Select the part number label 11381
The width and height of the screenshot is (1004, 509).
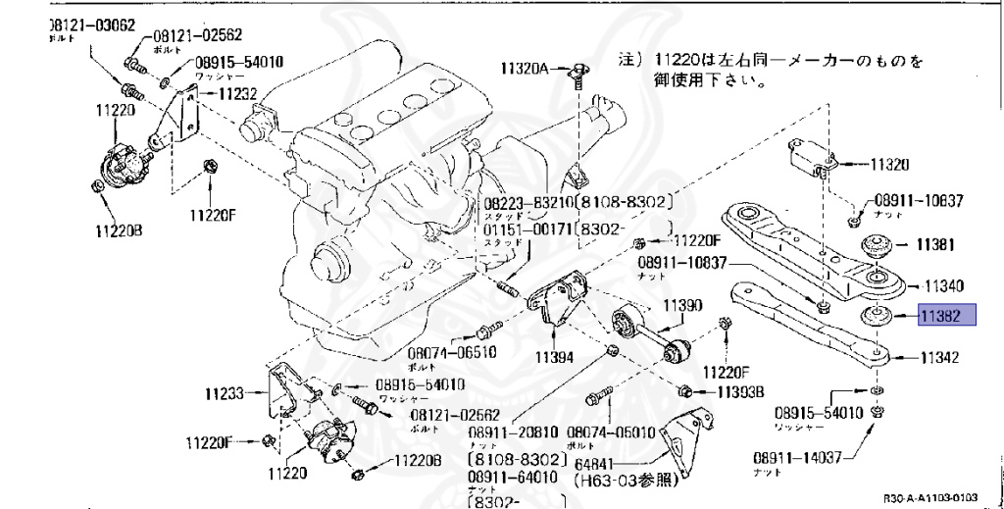coord(936,243)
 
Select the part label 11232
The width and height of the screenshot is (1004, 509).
coord(237,94)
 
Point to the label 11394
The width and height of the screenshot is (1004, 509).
coord(556,357)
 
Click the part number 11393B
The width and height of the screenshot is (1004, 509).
coord(741,392)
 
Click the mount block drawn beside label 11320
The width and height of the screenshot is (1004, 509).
coord(812,159)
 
